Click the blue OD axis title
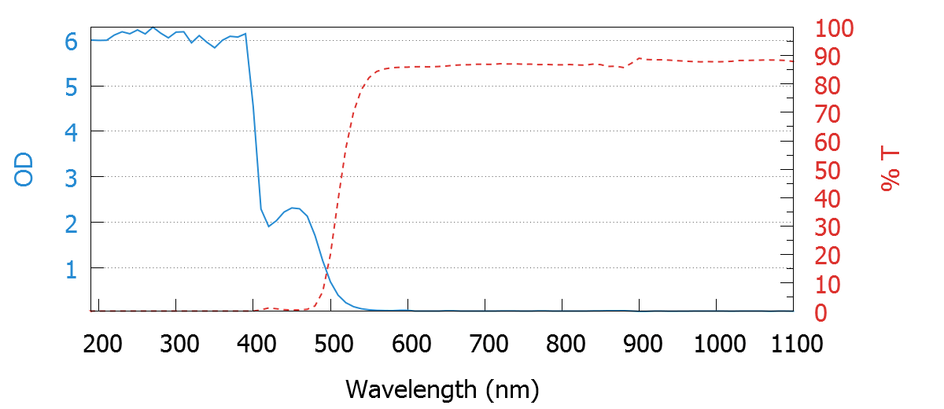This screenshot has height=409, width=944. point(25,170)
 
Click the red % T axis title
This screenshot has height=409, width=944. point(891,170)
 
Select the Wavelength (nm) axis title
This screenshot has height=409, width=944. point(442,389)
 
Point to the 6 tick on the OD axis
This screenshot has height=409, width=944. point(71,41)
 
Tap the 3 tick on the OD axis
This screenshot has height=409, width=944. point(71,177)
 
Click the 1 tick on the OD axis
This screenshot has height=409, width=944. point(71,268)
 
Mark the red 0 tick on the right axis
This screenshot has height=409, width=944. point(821,313)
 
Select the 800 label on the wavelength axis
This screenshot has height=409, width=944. point(563,344)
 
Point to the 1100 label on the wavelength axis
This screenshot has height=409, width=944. point(793,344)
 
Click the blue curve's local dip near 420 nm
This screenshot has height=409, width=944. point(269,226)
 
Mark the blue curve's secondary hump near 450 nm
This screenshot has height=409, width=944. point(293,208)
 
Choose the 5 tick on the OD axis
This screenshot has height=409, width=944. point(71,87)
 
